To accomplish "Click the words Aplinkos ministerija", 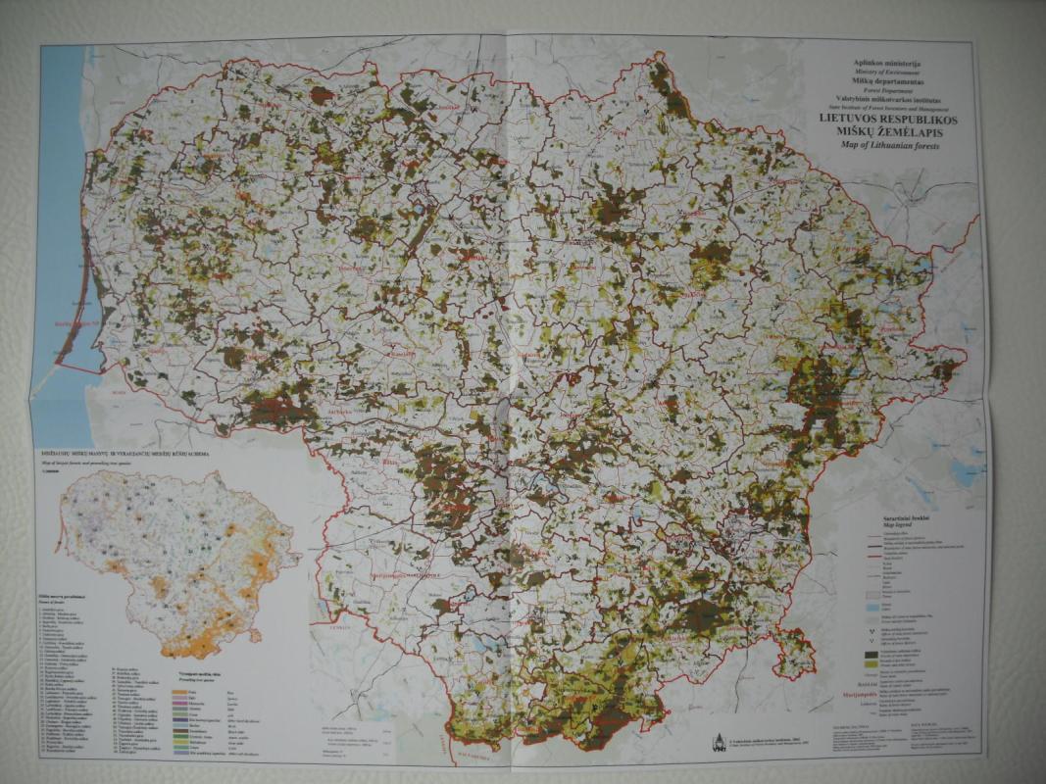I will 889,64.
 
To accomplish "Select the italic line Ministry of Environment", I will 889,73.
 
